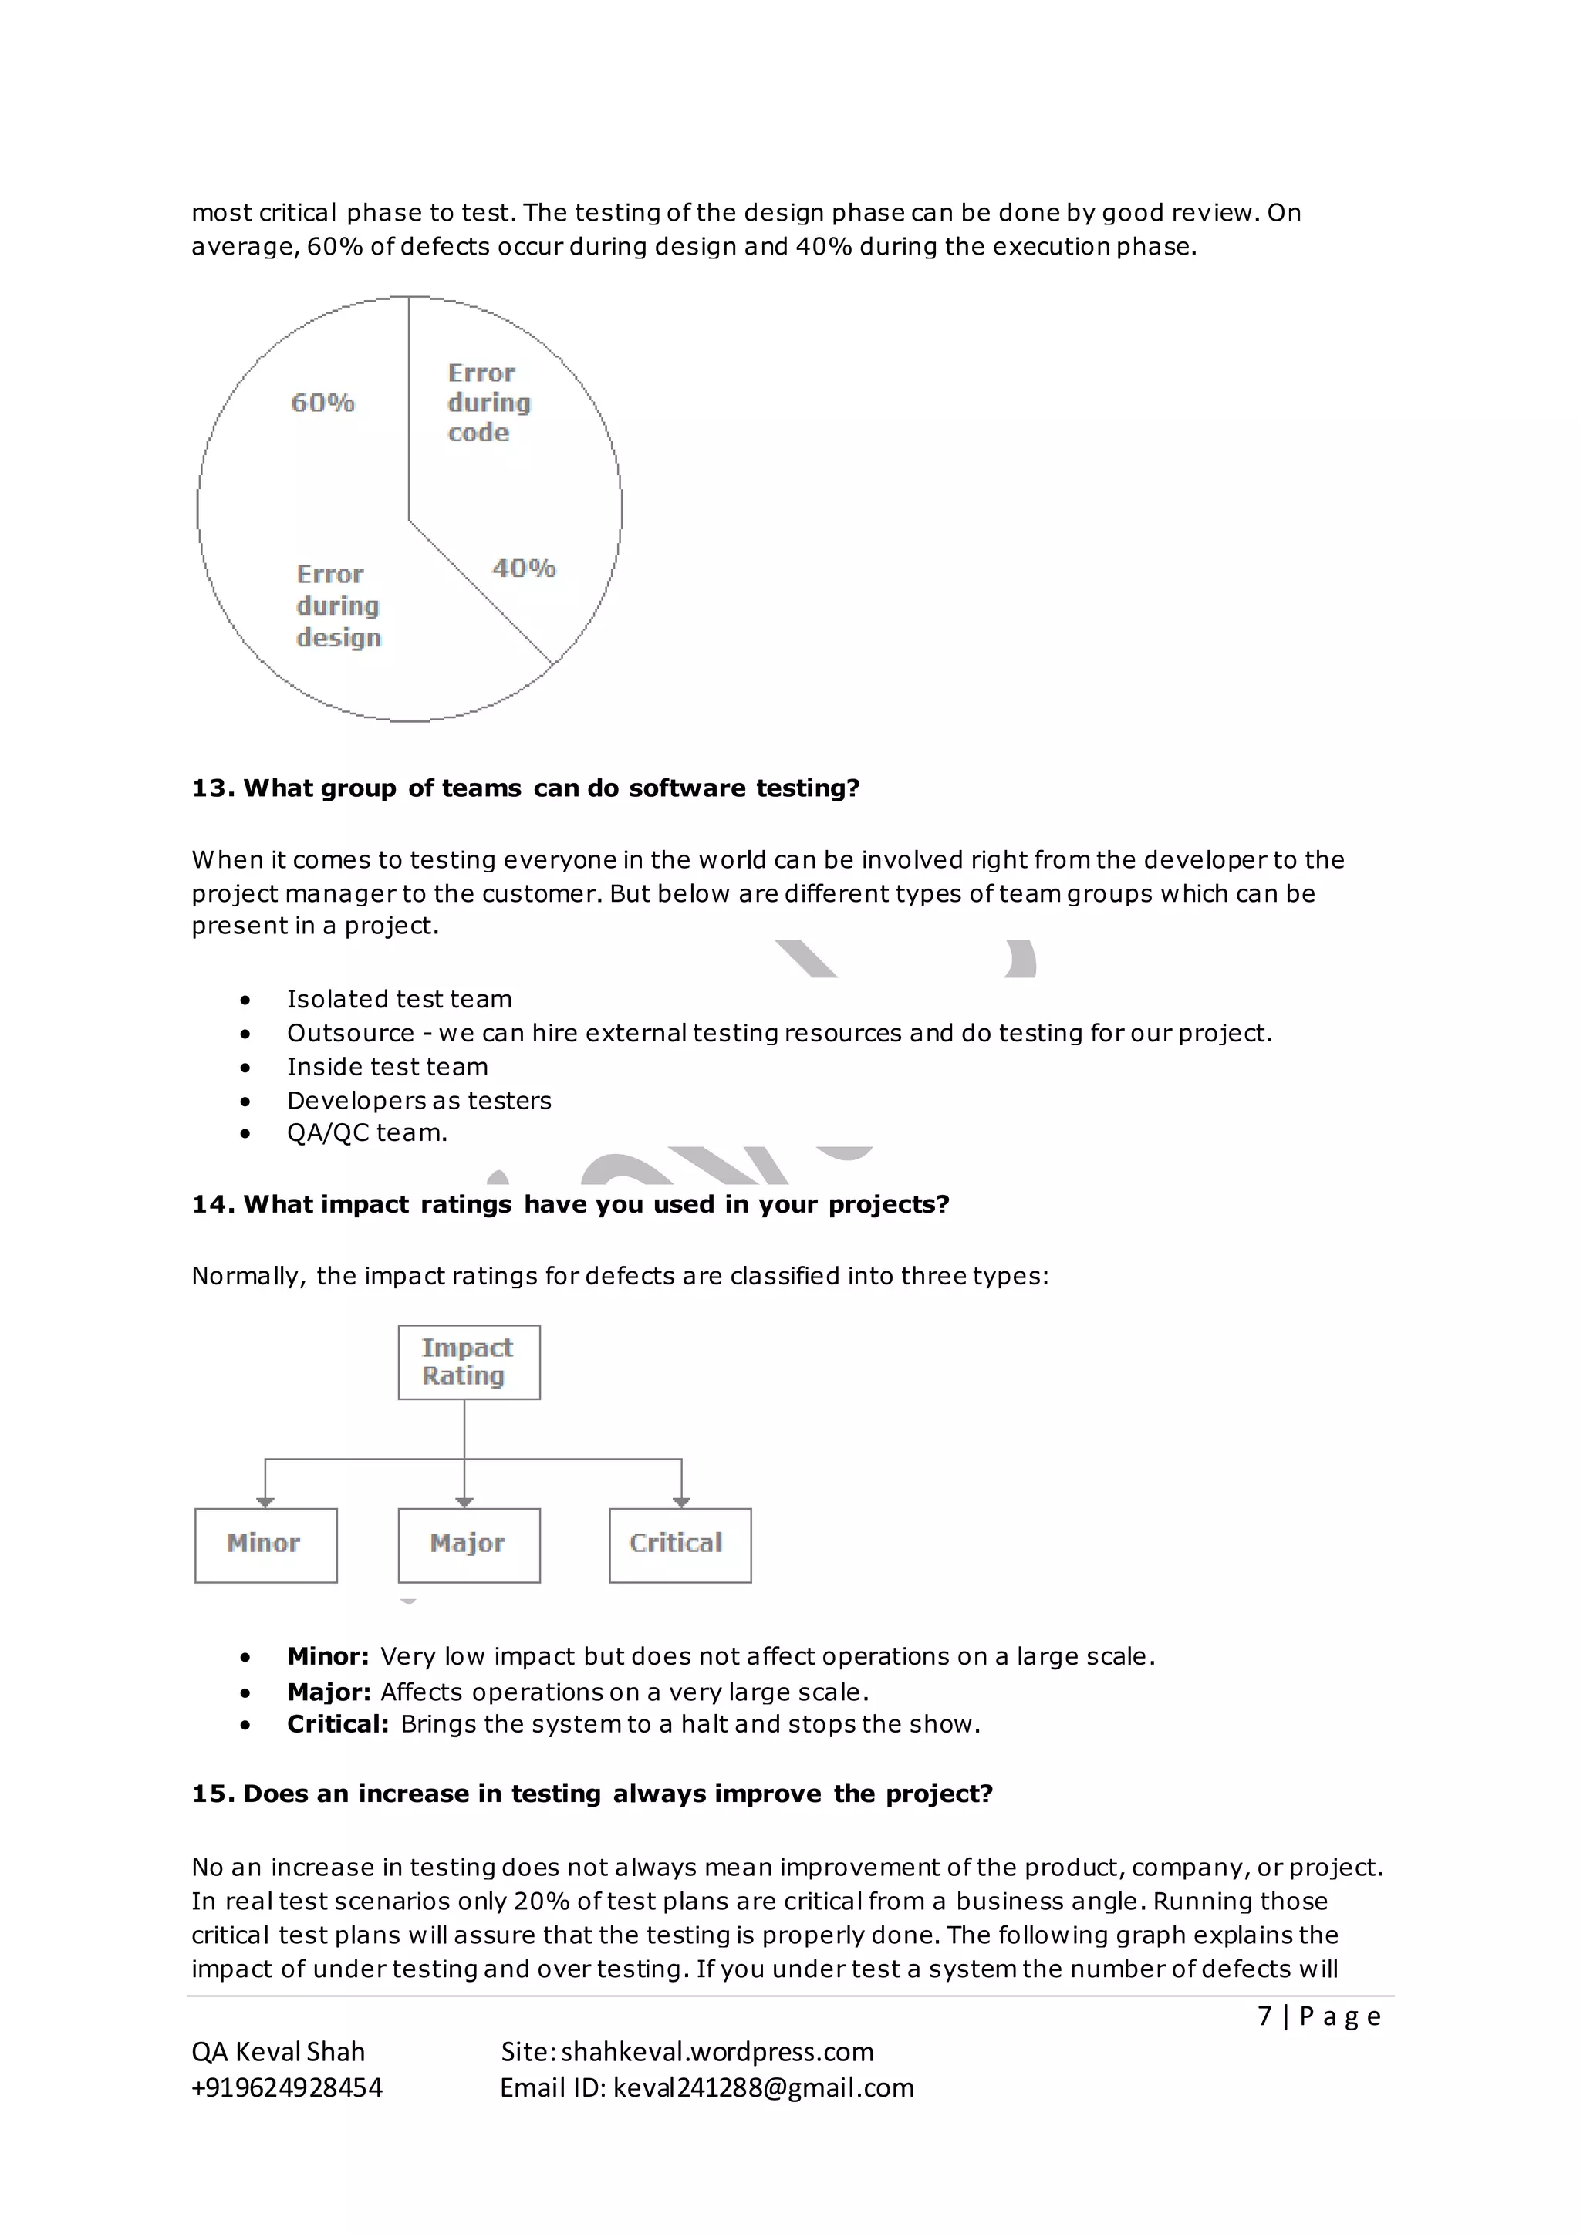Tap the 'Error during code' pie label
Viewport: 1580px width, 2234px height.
[x=488, y=403]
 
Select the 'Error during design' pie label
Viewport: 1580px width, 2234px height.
[x=338, y=606]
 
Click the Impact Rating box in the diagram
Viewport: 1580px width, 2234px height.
[x=468, y=1362]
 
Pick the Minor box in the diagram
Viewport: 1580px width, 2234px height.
[x=265, y=1544]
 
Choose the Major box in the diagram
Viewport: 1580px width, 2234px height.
[x=468, y=1544]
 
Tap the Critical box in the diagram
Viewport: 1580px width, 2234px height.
[x=679, y=1544]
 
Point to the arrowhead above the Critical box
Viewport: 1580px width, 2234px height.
[x=681, y=1502]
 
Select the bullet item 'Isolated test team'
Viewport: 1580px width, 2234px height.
[x=399, y=999]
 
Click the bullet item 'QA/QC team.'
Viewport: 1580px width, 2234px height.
[x=366, y=1132]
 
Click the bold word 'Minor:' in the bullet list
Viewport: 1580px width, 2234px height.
[x=328, y=1656]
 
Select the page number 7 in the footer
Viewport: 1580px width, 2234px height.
[x=1264, y=2015]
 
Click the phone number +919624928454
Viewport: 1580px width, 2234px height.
[x=287, y=2087]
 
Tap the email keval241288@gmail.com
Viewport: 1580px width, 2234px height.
[x=764, y=2087]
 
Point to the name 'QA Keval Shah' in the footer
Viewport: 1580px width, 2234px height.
[x=279, y=2051]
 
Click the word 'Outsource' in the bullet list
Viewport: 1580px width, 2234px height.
[x=350, y=1034]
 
